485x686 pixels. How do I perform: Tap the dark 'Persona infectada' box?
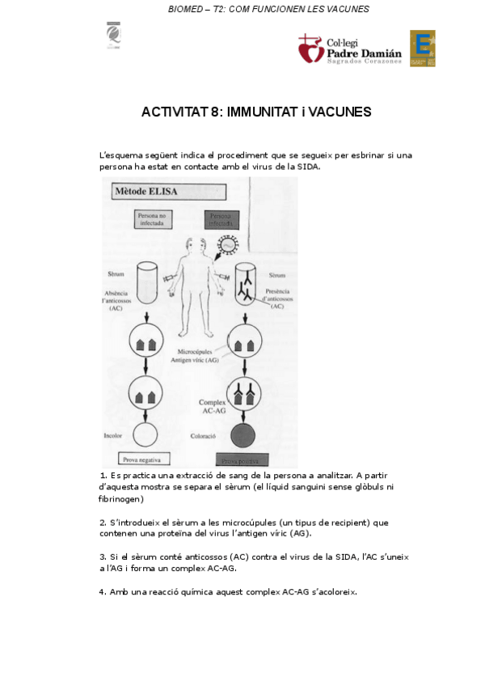coord(226,220)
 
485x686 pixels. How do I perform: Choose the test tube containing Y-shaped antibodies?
coord(246,283)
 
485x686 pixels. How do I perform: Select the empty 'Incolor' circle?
coord(146,434)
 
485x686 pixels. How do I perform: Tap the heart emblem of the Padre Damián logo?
coord(310,49)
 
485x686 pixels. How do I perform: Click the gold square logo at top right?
coord(423,49)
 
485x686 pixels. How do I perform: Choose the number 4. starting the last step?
coord(103,591)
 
